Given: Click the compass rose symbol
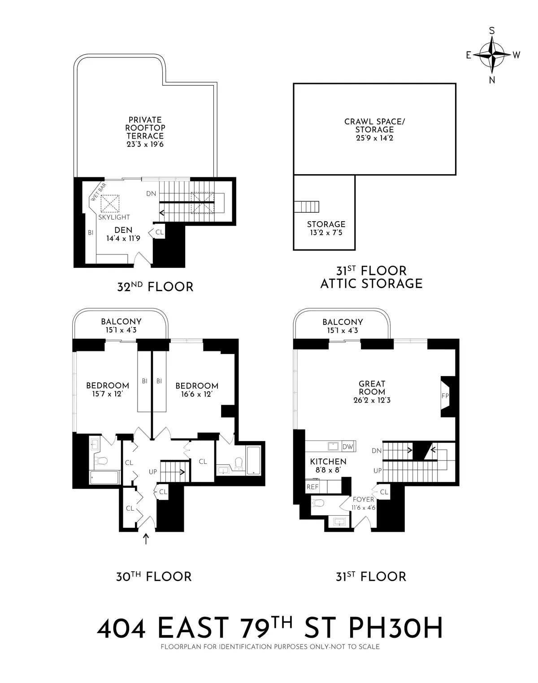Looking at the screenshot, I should pos(492,55).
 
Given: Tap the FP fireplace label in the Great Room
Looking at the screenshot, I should pos(445,396).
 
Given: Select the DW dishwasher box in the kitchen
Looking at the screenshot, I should pos(348,447).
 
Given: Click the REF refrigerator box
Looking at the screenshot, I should pos(312,486).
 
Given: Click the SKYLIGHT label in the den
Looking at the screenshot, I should pos(114,217).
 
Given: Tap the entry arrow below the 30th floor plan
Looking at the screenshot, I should pos(145,539).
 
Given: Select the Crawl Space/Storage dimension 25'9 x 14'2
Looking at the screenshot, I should pos(374,138).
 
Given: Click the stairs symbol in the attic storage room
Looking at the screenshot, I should pos(307,207).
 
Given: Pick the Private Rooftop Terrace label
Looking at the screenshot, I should pos(145,128).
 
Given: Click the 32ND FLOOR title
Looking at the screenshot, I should pos(155,286).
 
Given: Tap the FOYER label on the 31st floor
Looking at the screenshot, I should pos(363,499).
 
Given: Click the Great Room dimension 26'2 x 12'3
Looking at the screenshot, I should pos(372,400).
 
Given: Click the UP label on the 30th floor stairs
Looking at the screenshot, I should pos(153,472).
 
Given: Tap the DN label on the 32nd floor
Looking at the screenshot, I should pos(151,193).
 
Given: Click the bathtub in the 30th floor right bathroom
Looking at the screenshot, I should pos(253,460).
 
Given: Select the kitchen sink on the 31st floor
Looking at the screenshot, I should pos(333,446).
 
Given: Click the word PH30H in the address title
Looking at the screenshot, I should pos(395,628).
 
